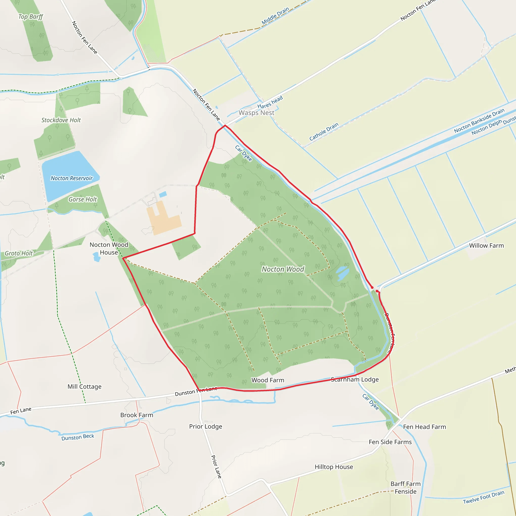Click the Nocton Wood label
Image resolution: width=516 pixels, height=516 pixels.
[x=283, y=269]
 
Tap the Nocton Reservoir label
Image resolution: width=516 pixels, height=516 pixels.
[x=72, y=178]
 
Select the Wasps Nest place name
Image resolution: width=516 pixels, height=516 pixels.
[x=256, y=113]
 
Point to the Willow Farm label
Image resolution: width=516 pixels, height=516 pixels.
[x=486, y=245]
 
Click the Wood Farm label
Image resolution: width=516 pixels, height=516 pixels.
[x=268, y=380]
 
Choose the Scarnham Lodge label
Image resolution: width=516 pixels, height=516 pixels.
[x=355, y=379]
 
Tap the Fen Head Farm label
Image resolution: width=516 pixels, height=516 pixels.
[x=424, y=427]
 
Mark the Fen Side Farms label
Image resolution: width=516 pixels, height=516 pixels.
[x=390, y=442]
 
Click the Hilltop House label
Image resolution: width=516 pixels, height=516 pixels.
[x=334, y=467]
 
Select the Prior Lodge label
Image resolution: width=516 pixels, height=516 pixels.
[x=206, y=427]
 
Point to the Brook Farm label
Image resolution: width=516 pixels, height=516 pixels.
[x=137, y=415]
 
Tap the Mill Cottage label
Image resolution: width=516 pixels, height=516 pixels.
[x=84, y=386]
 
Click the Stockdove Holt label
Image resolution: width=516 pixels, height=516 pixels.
[x=61, y=120]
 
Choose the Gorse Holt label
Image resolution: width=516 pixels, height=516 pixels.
[x=83, y=199]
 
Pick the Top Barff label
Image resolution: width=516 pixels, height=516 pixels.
[x=30, y=17]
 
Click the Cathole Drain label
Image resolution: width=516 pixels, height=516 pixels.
[x=324, y=132]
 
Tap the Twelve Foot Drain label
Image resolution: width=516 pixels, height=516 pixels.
[x=483, y=497]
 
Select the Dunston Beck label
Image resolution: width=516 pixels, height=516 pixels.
[x=78, y=437]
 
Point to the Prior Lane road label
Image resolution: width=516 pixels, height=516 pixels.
[x=216, y=467]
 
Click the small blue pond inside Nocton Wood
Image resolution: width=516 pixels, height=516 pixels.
[x=342, y=273]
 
